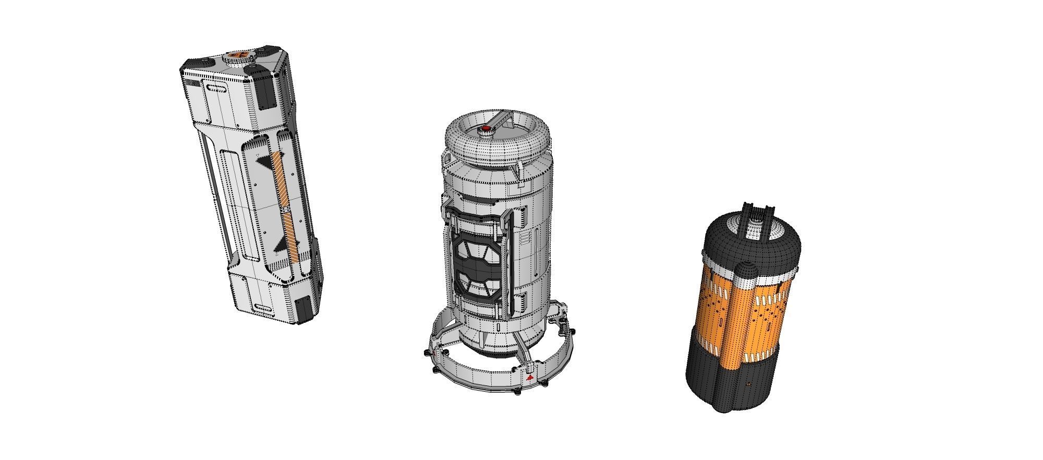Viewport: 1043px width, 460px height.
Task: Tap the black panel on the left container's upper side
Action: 266,93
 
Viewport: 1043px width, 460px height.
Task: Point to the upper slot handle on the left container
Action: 217,89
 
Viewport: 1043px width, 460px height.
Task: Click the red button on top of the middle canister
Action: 486,128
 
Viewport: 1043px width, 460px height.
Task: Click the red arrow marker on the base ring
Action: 530,377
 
